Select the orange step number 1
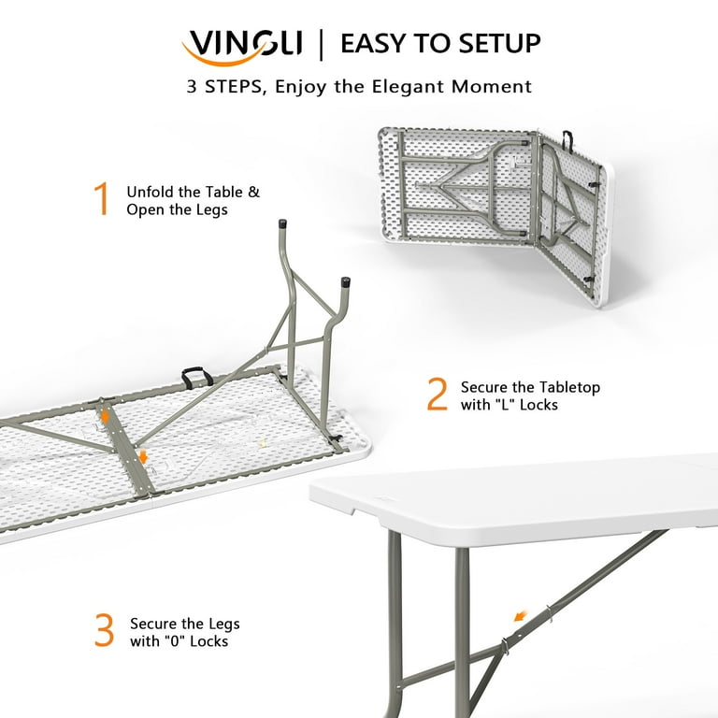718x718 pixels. click(102, 200)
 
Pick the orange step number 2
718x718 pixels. click(437, 395)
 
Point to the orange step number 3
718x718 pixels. click(105, 631)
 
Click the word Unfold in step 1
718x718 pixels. click(150, 192)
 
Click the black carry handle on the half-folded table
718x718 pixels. click(567, 140)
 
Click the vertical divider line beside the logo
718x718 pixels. click(322, 43)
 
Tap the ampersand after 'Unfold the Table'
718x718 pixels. click(253, 192)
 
